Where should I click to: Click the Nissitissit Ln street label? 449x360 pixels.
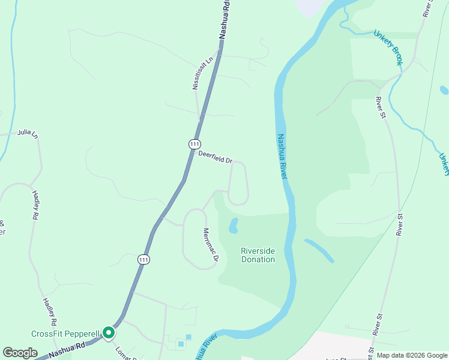tap(203, 74)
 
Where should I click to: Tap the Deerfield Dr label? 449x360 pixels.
tap(215, 157)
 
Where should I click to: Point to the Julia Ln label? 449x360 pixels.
tap(28, 133)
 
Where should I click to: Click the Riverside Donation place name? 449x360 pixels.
tap(258, 255)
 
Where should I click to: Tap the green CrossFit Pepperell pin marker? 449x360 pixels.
tap(109, 332)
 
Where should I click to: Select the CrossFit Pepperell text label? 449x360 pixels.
tap(65, 334)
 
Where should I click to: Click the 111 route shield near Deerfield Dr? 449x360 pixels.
tap(194, 144)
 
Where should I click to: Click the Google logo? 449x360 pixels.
tap(20, 353)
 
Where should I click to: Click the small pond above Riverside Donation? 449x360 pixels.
tap(234, 226)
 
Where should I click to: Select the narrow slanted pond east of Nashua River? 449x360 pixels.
tap(319, 251)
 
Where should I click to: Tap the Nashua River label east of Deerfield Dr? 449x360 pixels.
tap(283, 155)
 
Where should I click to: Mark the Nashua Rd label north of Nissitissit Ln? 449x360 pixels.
tap(224, 20)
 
